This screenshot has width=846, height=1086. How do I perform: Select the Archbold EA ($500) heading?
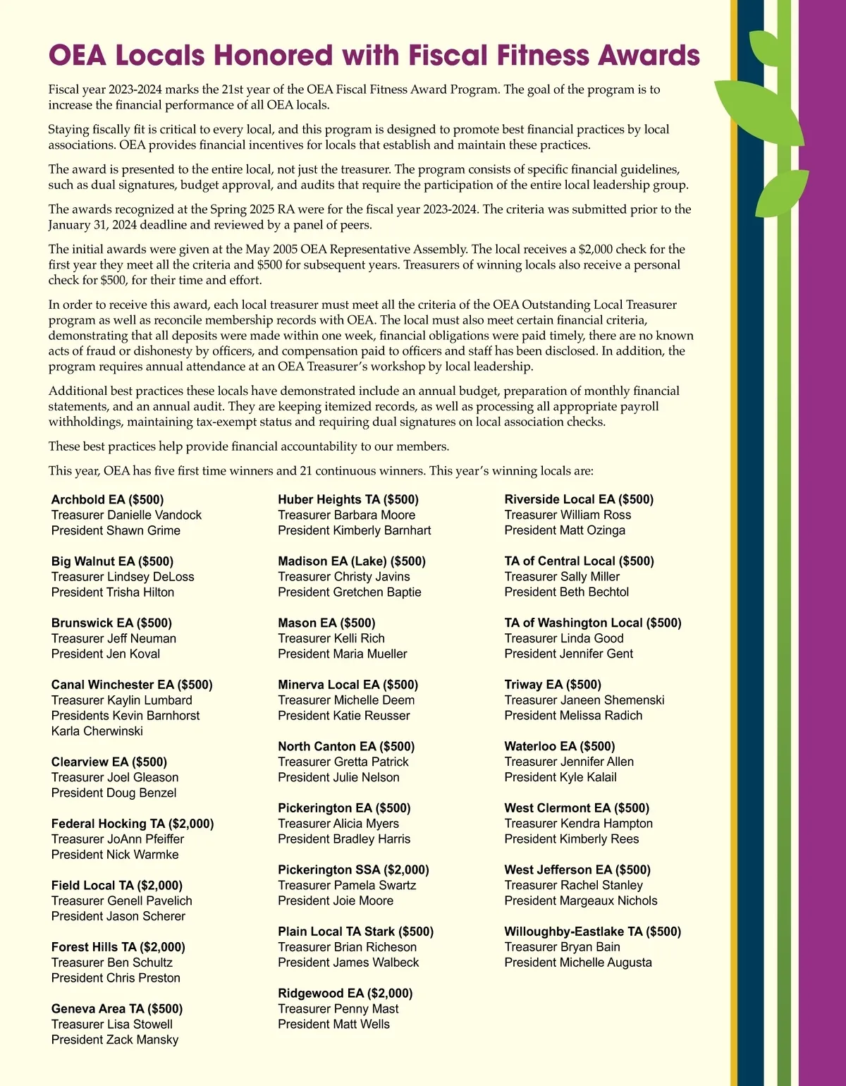107,499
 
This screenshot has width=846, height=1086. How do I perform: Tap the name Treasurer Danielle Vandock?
126,515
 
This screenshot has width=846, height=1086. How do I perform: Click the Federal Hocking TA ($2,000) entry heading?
132,823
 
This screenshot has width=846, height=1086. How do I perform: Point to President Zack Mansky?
114,1039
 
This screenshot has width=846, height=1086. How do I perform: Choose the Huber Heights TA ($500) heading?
348,499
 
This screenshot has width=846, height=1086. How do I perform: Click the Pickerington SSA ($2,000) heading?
353,870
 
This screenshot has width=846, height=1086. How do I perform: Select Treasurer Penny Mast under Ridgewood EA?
338,1008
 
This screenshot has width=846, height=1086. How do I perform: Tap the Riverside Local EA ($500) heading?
579,499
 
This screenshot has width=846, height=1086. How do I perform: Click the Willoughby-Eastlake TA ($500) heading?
592,932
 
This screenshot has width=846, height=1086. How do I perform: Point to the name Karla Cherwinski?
97,731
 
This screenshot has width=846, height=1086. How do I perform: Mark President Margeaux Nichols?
580,901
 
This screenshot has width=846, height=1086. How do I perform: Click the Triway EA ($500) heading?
553,684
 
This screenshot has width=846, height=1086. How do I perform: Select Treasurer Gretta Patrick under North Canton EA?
343,762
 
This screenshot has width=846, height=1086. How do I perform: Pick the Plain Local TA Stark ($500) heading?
355,932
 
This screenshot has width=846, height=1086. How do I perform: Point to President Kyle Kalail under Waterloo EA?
560,777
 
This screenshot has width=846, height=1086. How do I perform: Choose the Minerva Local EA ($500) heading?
348,684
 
